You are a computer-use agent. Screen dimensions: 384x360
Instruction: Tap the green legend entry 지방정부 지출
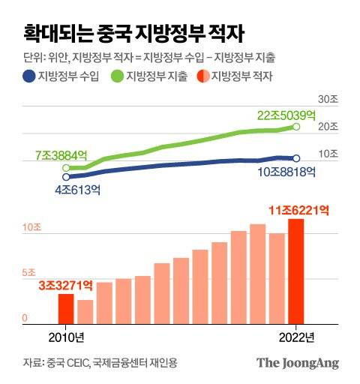[x=151, y=76]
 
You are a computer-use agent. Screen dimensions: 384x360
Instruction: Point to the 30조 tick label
[x=328, y=100]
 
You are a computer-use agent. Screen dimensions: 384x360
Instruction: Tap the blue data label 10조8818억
[x=286, y=172]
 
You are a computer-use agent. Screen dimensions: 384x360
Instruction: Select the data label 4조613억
[x=78, y=189]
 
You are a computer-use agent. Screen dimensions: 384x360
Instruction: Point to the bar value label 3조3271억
[x=65, y=284]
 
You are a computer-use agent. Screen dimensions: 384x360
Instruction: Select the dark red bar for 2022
[x=296, y=271]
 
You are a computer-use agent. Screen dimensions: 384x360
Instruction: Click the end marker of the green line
[x=297, y=127]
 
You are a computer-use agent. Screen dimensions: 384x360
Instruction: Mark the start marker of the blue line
[x=66, y=176]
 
